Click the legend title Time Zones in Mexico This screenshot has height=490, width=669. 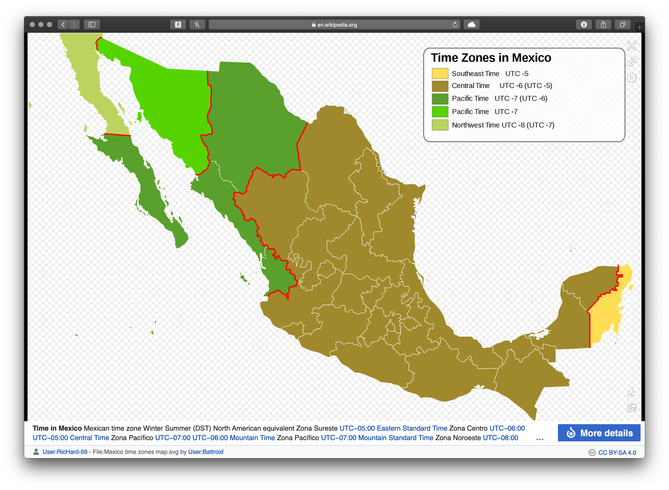tap(491, 58)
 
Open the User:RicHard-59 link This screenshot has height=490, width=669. tap(65, 452)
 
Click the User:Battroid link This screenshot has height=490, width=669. tap(206, 452)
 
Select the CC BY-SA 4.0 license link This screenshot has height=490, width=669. tap(617, 453)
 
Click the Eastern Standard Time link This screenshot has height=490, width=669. tap(412, 428)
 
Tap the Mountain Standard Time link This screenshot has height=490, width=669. tap(396, 438)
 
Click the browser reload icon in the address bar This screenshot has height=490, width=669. tap(455, 25)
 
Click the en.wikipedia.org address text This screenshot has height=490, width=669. tap(337, 25)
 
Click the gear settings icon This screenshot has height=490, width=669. tap(632, 78)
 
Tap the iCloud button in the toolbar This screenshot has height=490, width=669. tap(471, 25)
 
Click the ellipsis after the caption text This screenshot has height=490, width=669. tap(540, 439)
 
